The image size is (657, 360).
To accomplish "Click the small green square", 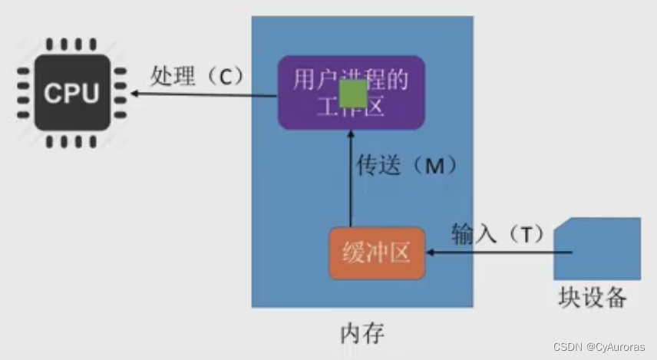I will coord(353,94).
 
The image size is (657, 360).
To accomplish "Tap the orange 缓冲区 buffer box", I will coord(377,253).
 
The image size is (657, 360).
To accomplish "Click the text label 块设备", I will coord(593,298).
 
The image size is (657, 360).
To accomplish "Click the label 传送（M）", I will coord(407,165).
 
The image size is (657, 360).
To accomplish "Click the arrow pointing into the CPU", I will coord(203,94).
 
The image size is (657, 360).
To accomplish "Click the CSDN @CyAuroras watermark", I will coord(603,348).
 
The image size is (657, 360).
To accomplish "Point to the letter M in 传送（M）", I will coord(434,166).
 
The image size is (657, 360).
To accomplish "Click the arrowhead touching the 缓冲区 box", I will coord(431,252).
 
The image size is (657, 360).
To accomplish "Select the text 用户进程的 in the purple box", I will coord(351,79).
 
